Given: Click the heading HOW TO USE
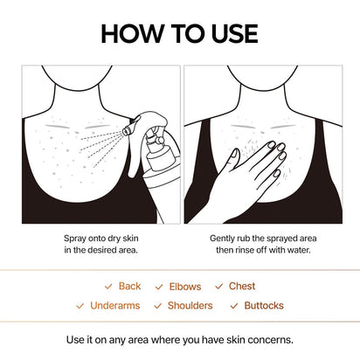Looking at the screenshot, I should click(x=179, y=33).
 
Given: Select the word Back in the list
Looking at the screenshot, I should click(x=129, y=286).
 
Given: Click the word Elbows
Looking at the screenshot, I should click(x=185, y=286).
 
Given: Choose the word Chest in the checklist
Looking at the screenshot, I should click(x=242, y=286).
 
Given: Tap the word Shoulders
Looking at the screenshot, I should click(x=190, y=306).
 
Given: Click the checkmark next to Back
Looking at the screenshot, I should click(x=108, y=286).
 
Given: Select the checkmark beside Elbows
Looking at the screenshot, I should click(x=159, y=286).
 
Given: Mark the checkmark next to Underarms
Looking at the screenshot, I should click(x=80, y=306).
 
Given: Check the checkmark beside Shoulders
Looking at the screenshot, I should click(x=157, y=306).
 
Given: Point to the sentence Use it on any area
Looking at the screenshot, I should click(x=180, y=340).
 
